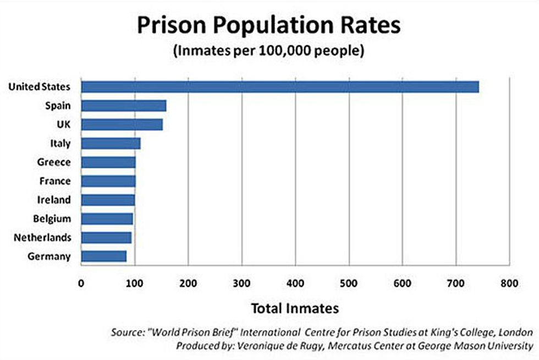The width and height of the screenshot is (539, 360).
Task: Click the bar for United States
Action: click(x=280, y=87)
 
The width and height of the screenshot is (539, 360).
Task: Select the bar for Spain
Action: click(x=124, y=106)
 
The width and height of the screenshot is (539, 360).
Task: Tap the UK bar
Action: click(x=122, y=124)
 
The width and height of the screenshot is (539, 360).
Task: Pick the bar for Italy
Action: click(x=111, y=144)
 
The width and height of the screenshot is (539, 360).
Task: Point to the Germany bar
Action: click(x=103, y=256)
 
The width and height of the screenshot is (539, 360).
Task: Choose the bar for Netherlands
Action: click(x=106, y=237)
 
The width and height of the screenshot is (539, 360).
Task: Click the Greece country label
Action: click(x=53, y=162)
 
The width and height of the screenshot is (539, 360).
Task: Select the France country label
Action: click(x=54, y=181)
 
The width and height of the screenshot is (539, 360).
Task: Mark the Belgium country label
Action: click(x=52, y=219)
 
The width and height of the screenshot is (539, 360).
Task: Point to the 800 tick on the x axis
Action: click(x=509, y=284)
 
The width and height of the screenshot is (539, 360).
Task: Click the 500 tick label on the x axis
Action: click(x=295, y=284)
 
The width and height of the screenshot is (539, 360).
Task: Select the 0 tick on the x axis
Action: click(x=81, y=284)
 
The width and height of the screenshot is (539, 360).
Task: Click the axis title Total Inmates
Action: click(x=295, y=308)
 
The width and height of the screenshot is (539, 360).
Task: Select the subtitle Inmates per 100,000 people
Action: click(x=269, y=52)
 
